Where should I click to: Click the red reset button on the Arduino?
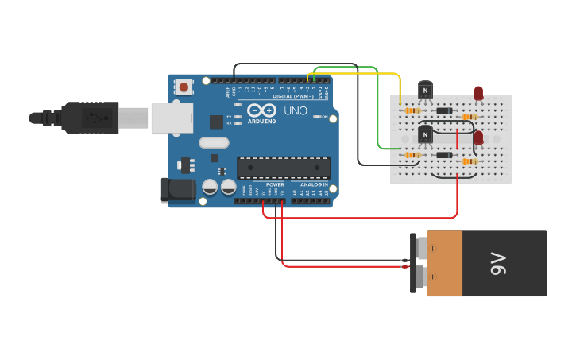pyautogui.click(x=184, y=87)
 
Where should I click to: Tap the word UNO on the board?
pyautogui.click(x=296, y=110)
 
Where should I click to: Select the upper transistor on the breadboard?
pyautogui.click(x=426, y=90)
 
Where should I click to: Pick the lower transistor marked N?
pyautogui.click(x=426, y=135)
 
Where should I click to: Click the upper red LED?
pyautogui.click(x=478, y=93)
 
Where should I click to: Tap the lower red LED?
pyautogui.click(x=478, y=137)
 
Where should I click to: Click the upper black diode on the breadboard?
pyautogui.click(x=444, y=110)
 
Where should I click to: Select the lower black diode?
pyautogui.click(x=444, y=155)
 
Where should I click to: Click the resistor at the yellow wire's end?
pyautogui.click(x=412, y=110)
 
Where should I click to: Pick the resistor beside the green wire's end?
pyautogui.click(x=412, y=155)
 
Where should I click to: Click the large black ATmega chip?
pyautogui.click(x=283, y=167)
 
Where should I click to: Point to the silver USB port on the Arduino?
pyautogui.click(x=170, y=118)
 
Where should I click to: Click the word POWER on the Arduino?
pyautogui.click(x=275, y=184)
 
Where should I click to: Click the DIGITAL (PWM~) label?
pyautogui.click(x=292, y=96)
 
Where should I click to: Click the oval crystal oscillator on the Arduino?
pyautogui.click(x=214, y=143)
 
